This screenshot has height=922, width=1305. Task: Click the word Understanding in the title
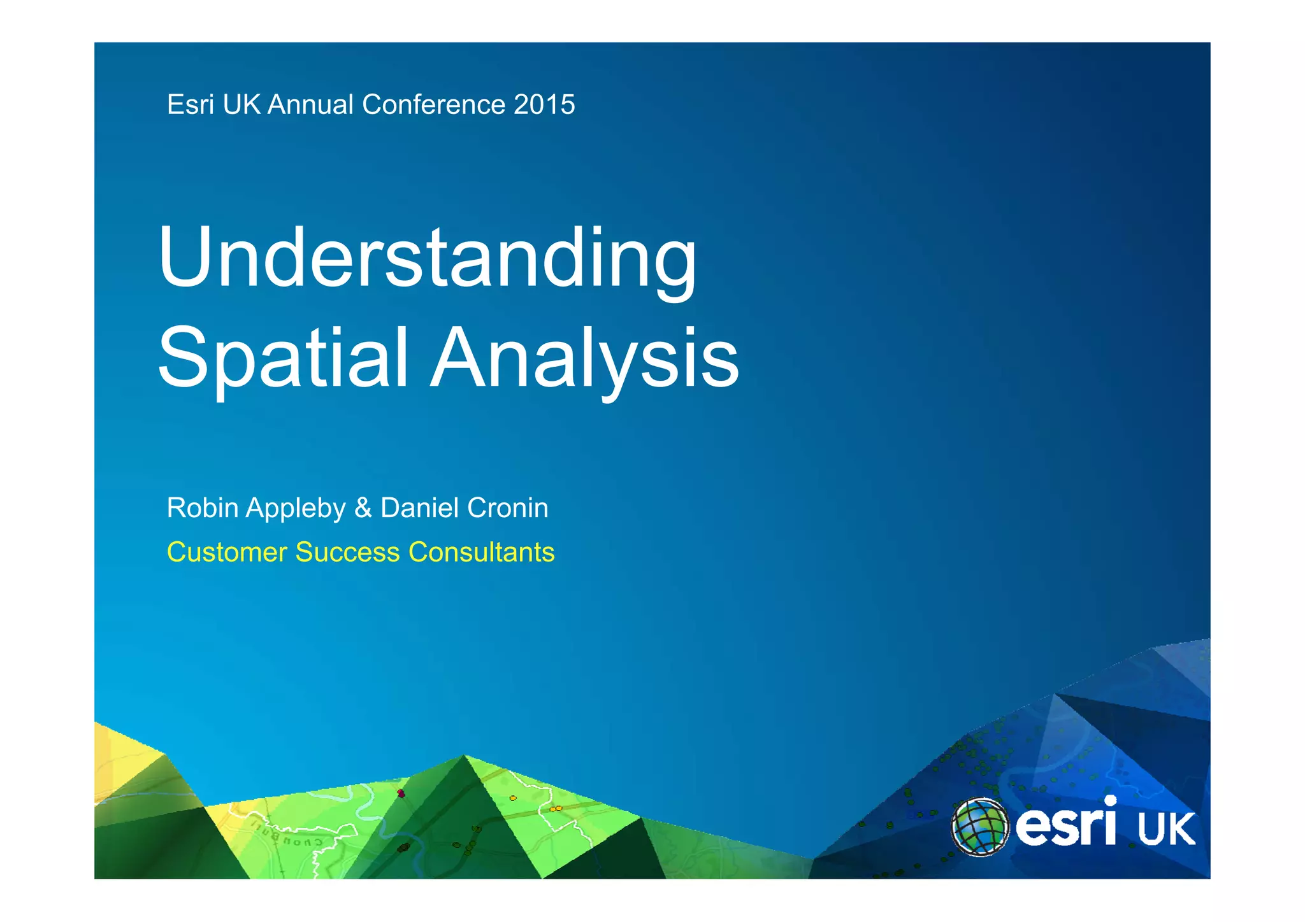pos(427,260)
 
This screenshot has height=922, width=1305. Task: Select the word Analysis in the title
pos(584,358)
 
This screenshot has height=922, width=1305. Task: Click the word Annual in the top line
pos(310,105)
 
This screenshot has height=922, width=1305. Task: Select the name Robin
pos(202,508)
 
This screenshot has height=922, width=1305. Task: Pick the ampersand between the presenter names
pos(363,508)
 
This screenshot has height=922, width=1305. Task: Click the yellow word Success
pos(348,553)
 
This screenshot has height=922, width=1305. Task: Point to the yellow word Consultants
pos(481,553)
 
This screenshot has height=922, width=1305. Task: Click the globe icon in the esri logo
pos(979,827)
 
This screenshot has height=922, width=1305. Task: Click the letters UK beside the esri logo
pos(1165,830)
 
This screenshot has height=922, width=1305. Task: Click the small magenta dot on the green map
pos(401,793)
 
